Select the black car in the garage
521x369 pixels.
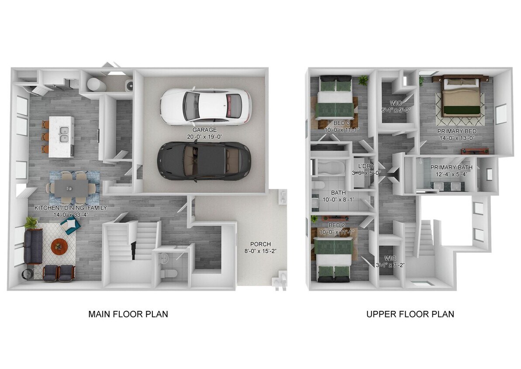point(204,160)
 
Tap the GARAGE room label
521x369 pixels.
point(204,130)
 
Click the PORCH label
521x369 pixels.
point(260,244)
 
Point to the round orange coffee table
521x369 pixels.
point(59,246)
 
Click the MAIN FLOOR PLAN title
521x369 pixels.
point(128,314)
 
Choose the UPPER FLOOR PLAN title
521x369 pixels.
point(410,314)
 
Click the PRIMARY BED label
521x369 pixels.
point(457,131)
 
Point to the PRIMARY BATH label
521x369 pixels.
point(451,167)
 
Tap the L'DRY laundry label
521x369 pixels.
point(365,166)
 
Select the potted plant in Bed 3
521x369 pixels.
point(363,80)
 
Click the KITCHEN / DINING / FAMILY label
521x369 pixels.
point(70,208)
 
